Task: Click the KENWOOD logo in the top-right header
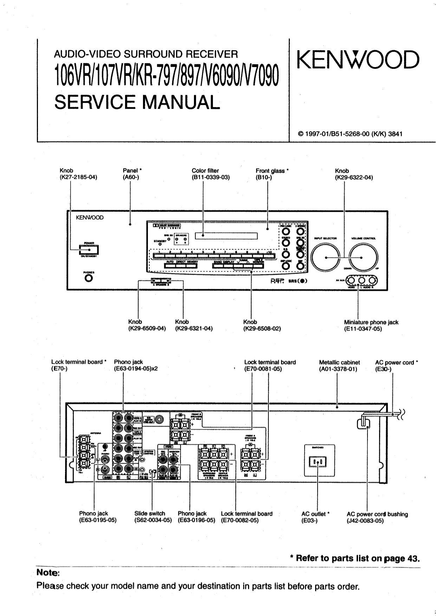click(x=358, y=60)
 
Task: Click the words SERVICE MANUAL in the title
click(x=137, y=102)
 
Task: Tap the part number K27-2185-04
click(x=78, y=177)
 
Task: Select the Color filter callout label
click(x=205, y=171)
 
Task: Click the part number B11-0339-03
click(x=210, y=177)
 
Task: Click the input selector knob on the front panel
click(x=326, y=258)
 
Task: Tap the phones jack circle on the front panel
click(x=89, y=278)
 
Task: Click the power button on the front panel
click(x=89, y=250)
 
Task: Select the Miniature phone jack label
click(x=371, y=322)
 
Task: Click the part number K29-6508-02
click(x=262, y=329)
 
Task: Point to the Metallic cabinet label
click(x=339, y=362)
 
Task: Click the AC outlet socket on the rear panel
click(x=318, y=461)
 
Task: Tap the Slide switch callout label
click(x=150, y=513)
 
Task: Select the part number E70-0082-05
click(x=240, y=520)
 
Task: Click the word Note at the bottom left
click(x=48, y=573)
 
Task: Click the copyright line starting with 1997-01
click(x=350, y=134)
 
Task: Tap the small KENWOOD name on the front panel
click(x=90, y=218)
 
